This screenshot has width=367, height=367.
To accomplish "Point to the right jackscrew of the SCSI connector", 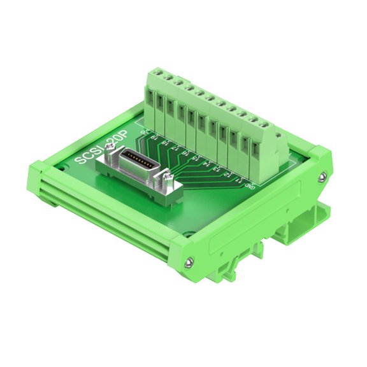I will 169,178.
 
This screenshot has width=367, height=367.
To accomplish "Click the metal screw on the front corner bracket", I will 189,262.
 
